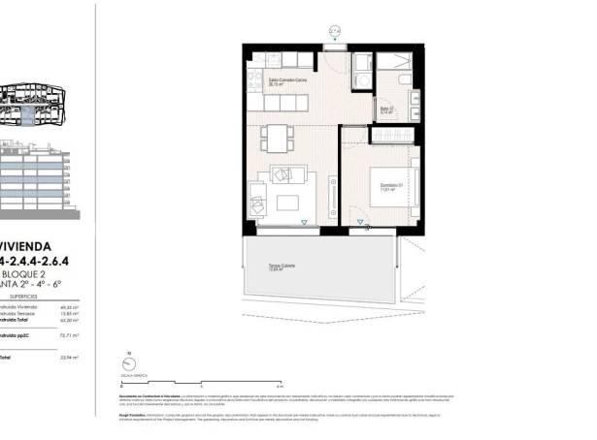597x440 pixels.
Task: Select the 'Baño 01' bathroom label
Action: (385, 110)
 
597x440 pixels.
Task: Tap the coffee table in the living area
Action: (289, 204)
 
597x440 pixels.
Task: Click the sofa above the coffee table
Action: (286, 175)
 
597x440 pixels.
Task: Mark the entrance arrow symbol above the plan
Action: (335, 32)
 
